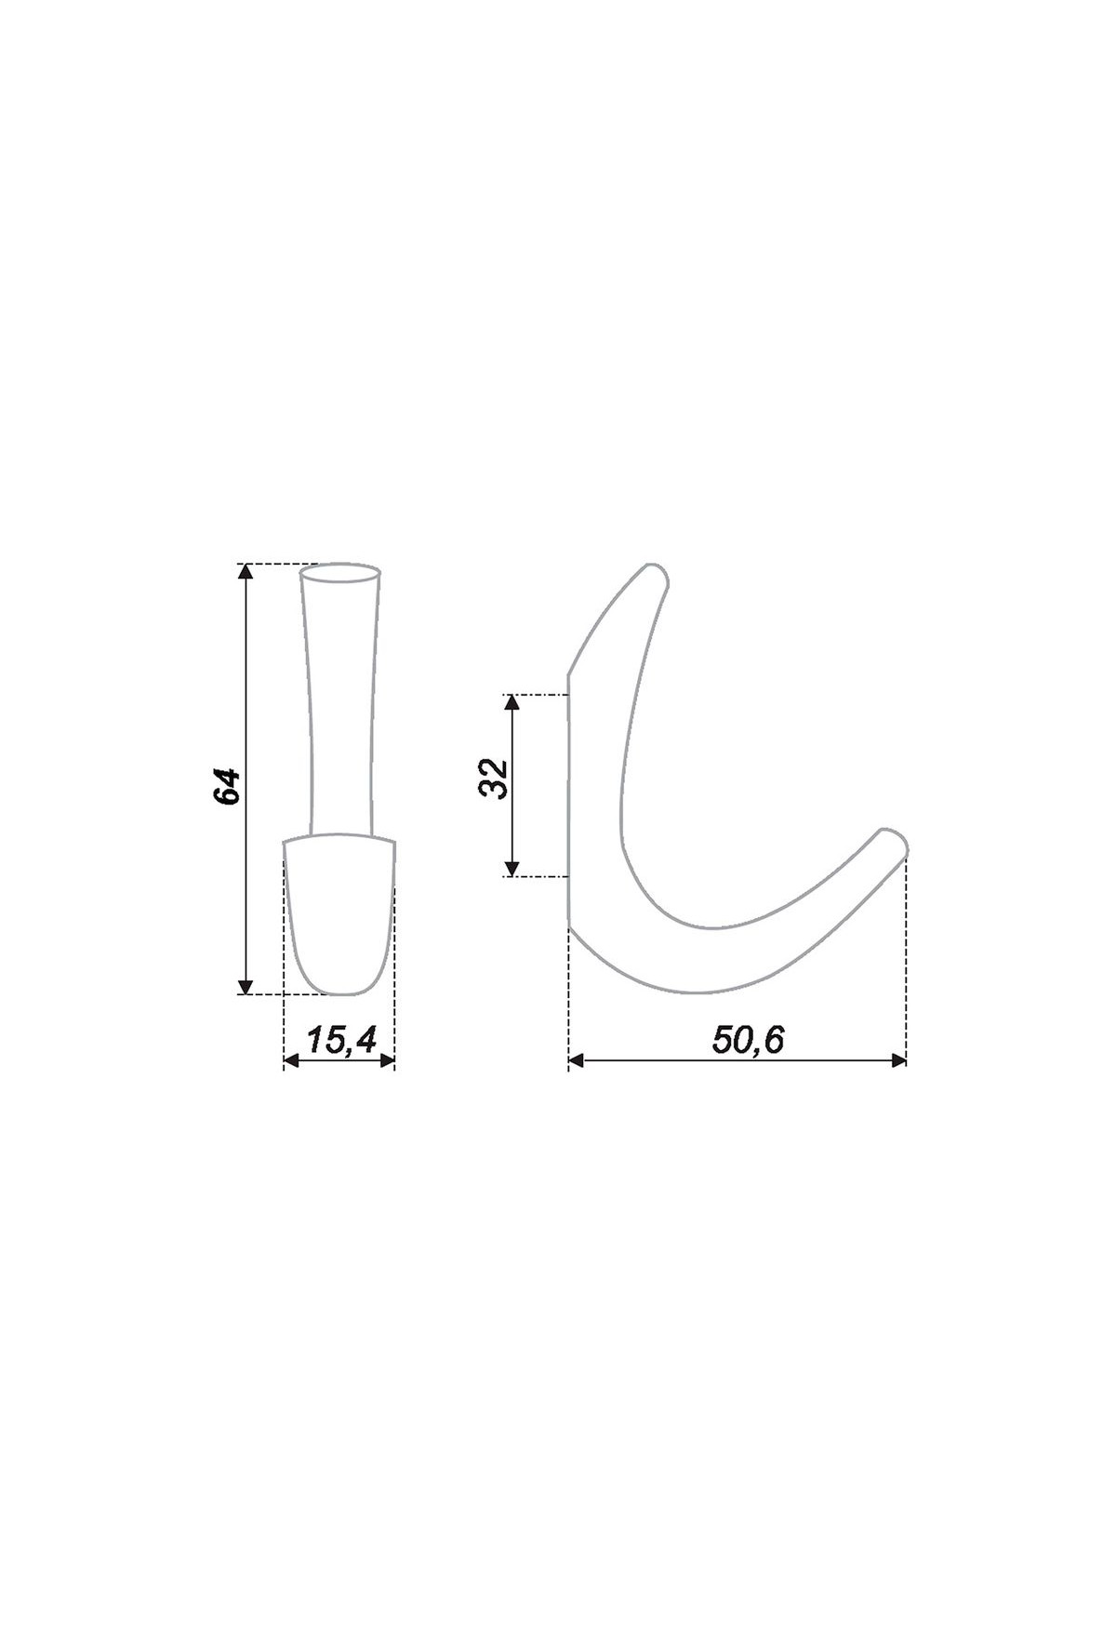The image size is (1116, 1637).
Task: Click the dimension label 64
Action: (227, 786)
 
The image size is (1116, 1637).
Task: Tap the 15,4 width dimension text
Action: (340, 1040)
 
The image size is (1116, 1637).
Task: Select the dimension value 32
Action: (494, 779)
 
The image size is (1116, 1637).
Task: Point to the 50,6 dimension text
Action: (748, 1040)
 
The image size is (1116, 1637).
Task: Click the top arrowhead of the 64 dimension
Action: (246, 570)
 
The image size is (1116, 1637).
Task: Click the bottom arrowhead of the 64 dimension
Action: (246, 987)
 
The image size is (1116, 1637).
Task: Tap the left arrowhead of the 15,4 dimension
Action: (291, 1060)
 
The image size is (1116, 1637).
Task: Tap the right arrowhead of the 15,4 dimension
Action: (387, 1060)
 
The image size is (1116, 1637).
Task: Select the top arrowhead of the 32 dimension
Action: (511, 701)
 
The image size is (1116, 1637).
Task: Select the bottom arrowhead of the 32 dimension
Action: (511, 869)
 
